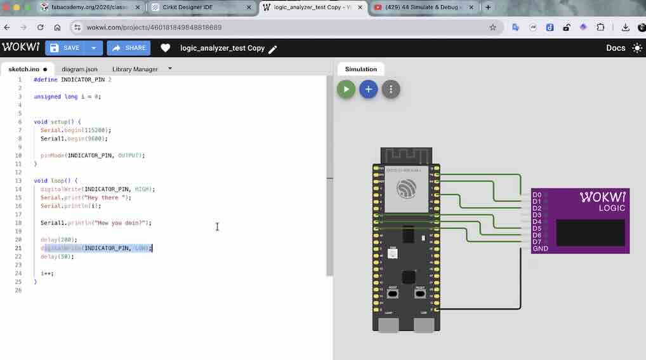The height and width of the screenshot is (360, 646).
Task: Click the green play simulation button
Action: [x=346, y=90]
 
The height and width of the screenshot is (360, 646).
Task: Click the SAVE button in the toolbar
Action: [x=66, y=48]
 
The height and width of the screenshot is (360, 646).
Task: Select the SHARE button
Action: [x=128, y=48]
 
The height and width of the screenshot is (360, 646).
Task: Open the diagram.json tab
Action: [x=79, y=69]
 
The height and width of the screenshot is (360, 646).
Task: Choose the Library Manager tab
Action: [x=135, y=69]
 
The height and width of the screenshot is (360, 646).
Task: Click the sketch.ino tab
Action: [x=23, y=69]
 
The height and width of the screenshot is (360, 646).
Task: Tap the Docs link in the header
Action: [x=616, y=48]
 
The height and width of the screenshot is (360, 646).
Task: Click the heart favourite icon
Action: [x=165, y=48]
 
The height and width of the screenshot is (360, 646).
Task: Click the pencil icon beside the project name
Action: [x=273, y=49]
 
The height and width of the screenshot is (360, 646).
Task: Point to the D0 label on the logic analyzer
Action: [x=537, y=195]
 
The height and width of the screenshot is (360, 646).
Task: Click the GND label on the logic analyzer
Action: [x=540, y=248]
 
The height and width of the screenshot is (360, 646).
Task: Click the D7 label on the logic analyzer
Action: [x=537, y=242]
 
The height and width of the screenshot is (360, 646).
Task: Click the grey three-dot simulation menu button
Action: [x=391, y=90]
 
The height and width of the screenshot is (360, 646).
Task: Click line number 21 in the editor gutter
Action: [x=19, y=248]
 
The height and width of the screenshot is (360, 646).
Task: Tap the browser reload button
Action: [x=41, y=28]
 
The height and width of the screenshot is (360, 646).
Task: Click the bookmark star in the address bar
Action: [x=492, y=28]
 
